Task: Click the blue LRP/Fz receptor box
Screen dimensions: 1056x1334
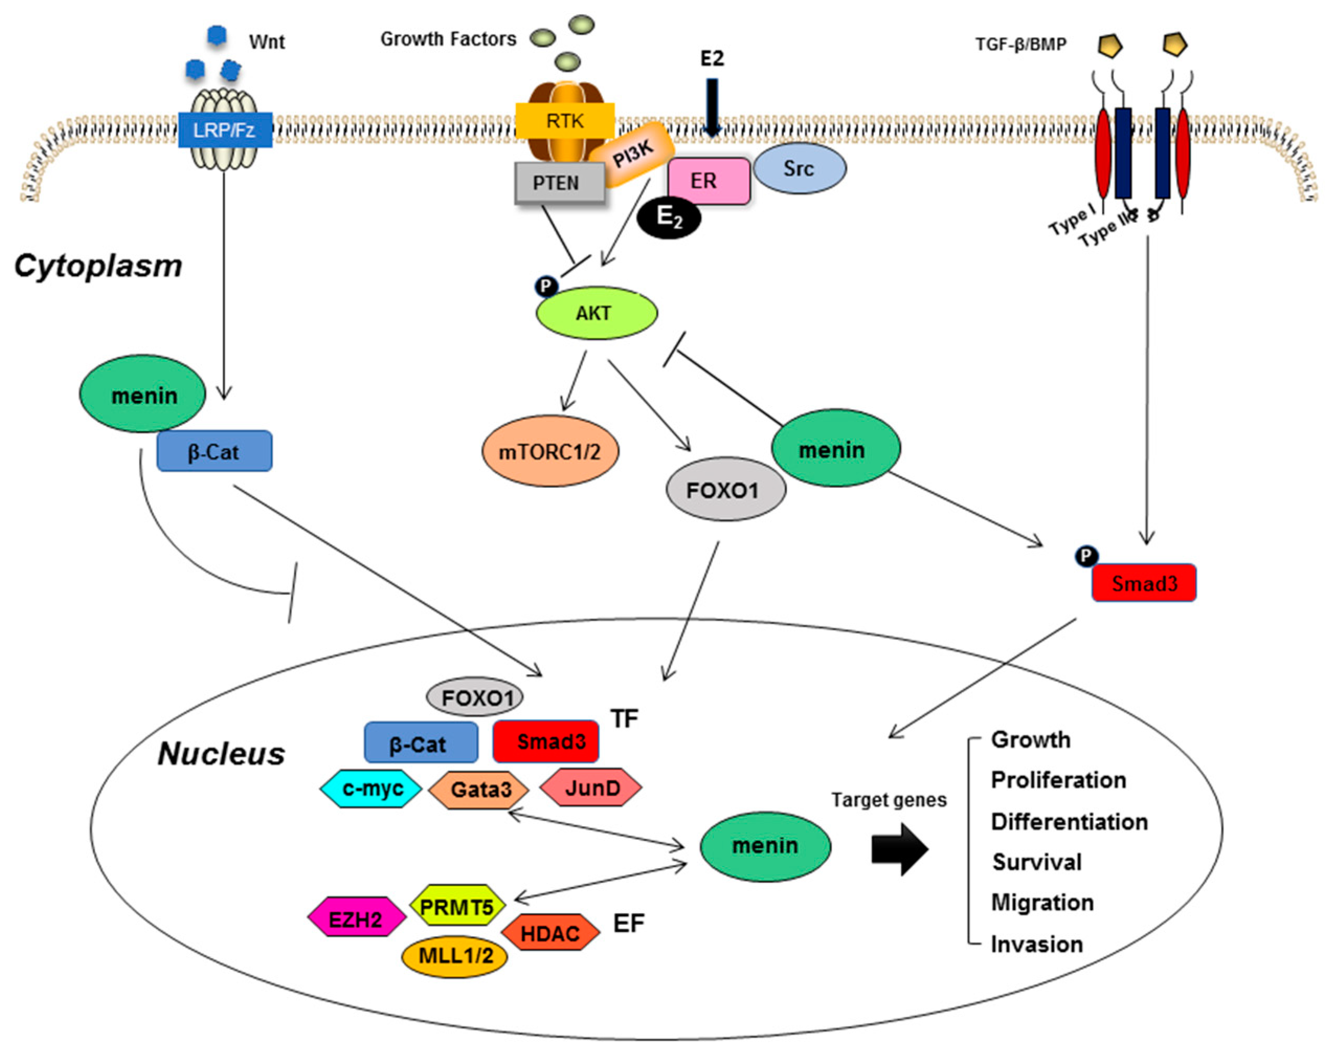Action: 225,130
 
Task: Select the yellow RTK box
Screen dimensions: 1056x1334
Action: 564,120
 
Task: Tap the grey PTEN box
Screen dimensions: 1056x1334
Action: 559,183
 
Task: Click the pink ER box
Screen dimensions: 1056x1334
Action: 709,181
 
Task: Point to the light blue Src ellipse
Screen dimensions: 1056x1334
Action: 799,168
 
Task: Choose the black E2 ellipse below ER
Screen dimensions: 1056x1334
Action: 669,217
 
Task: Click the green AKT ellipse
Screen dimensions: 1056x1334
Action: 596,313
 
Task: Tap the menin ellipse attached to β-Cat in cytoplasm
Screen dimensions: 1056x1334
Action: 143,395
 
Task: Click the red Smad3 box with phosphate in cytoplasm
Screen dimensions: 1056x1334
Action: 1144,582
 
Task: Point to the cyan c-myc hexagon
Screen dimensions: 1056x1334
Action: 371,788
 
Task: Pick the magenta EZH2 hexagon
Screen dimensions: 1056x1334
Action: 356,919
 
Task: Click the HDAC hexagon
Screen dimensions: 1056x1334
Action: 550,933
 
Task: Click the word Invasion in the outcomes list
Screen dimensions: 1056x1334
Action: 1037,944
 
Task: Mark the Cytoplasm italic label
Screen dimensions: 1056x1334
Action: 98,266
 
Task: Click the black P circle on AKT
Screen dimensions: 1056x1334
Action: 546,286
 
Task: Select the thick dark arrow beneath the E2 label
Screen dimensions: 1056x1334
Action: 712,107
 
